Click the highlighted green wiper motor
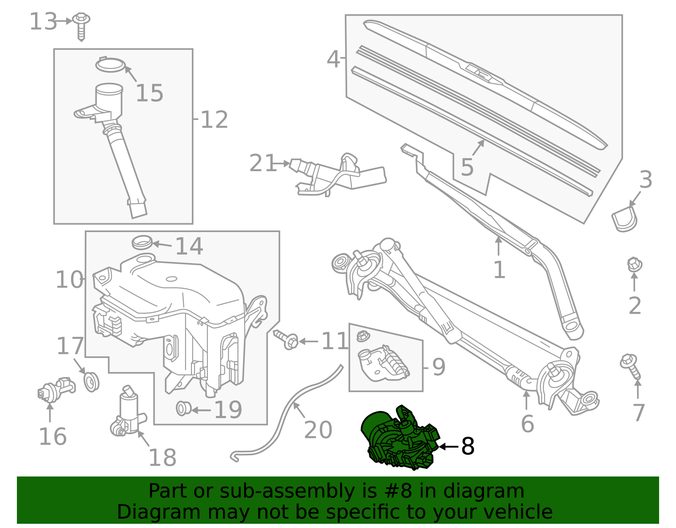pyautogui.click(x=399, y=440)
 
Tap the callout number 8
pyautogui.click(x=468, y=446)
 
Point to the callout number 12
pyautogui.click(x=214, y=120)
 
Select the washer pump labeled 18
pyautogui.click(x=128, y=412)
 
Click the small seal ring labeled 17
pyautogui.click(x=91, y=381)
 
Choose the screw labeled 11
pyautogui.click(x=287, y=339)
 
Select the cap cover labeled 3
pyautogui.click(x=624, y=219)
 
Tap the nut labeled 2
pyautogui.click(x=634, y=265)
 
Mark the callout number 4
pyautogui.click(x=333, y=59)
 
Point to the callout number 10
pyautogui.click(x=70, y=280)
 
